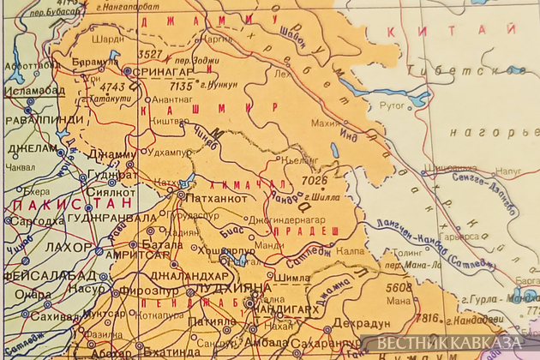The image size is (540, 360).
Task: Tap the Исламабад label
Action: (x=31, y=89)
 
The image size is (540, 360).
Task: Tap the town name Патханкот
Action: (x=220, y=195)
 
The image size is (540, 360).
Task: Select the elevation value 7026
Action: (x=315, y=181)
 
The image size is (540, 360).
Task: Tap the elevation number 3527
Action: (x=150, y=54)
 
